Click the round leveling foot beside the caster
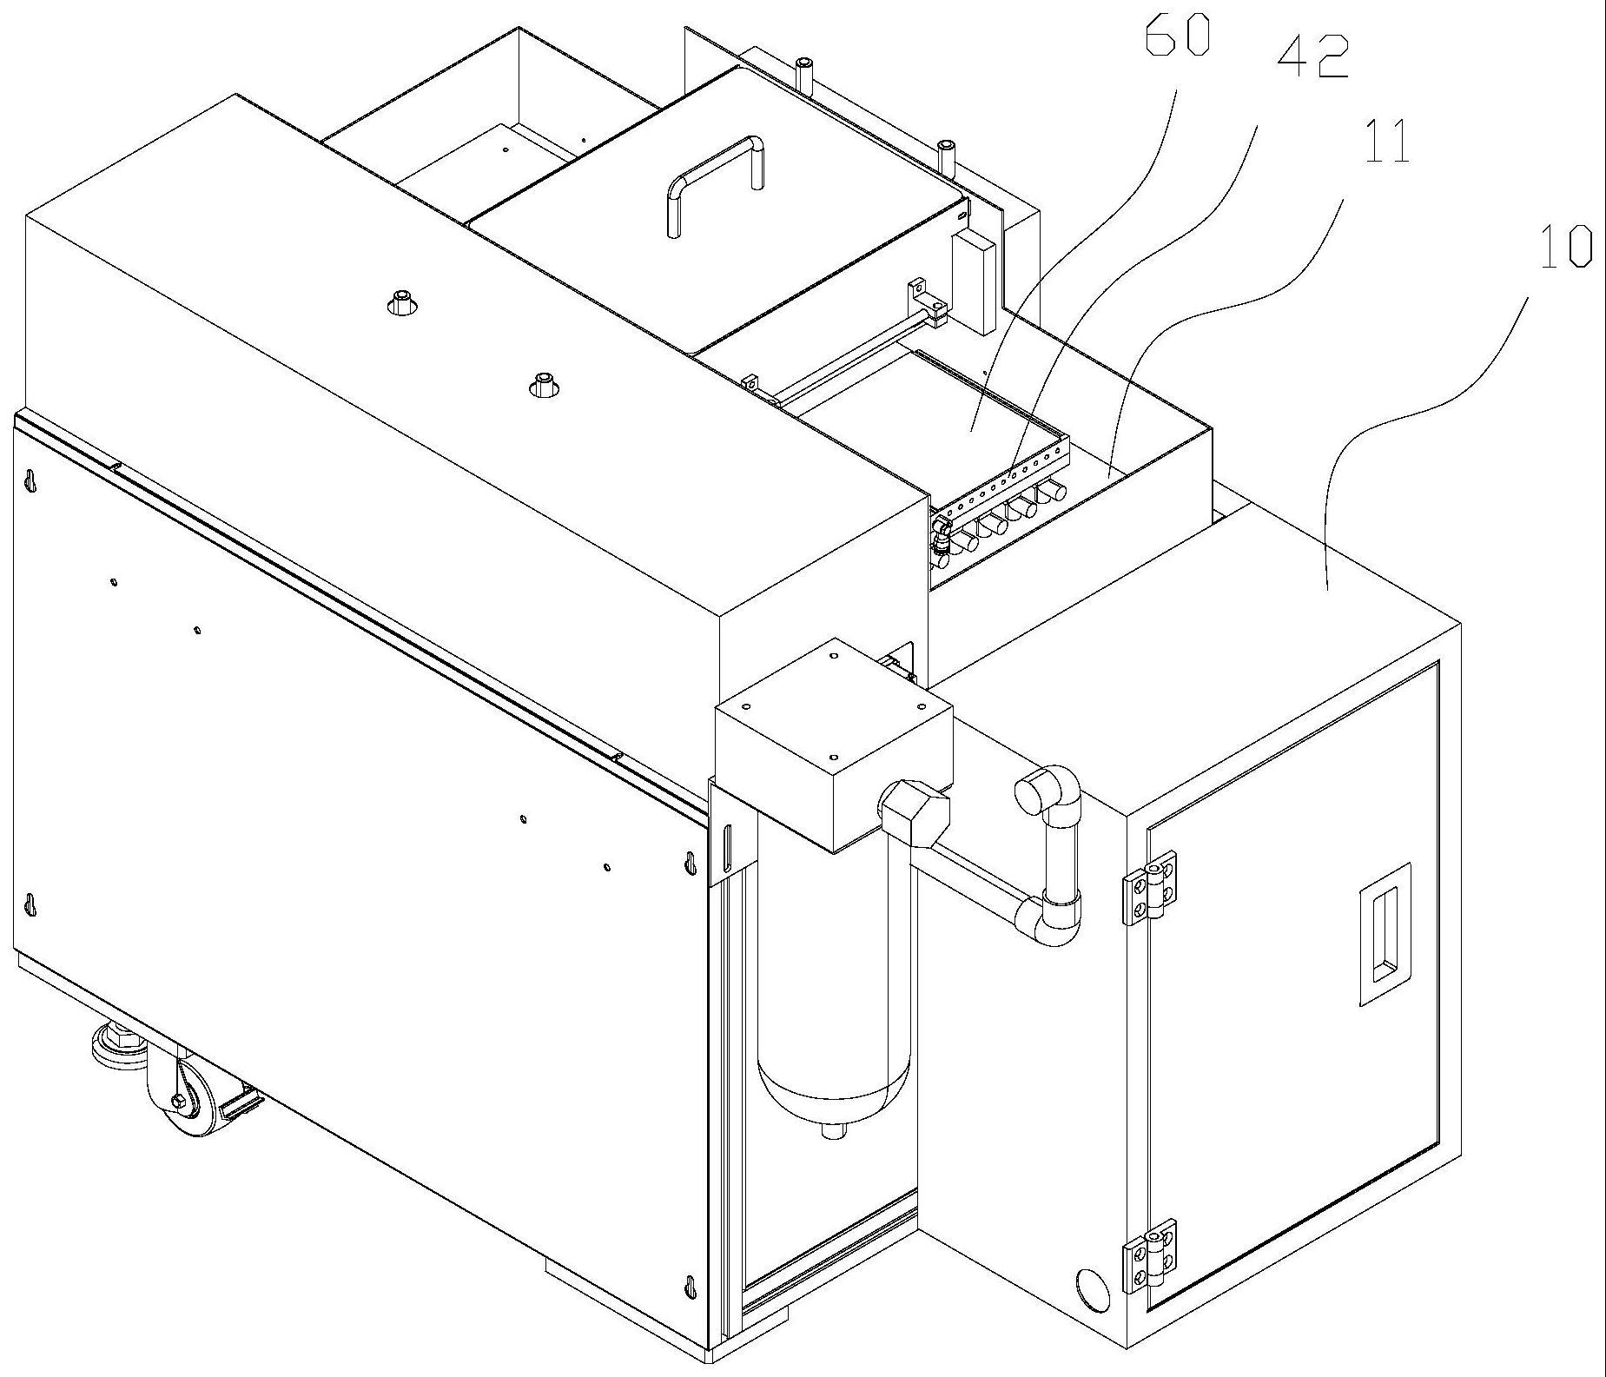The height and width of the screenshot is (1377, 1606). [x=118, y=1042]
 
